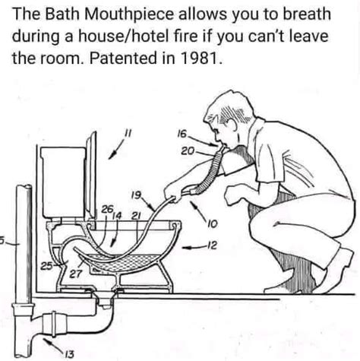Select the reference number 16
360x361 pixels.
click(182, 135)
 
